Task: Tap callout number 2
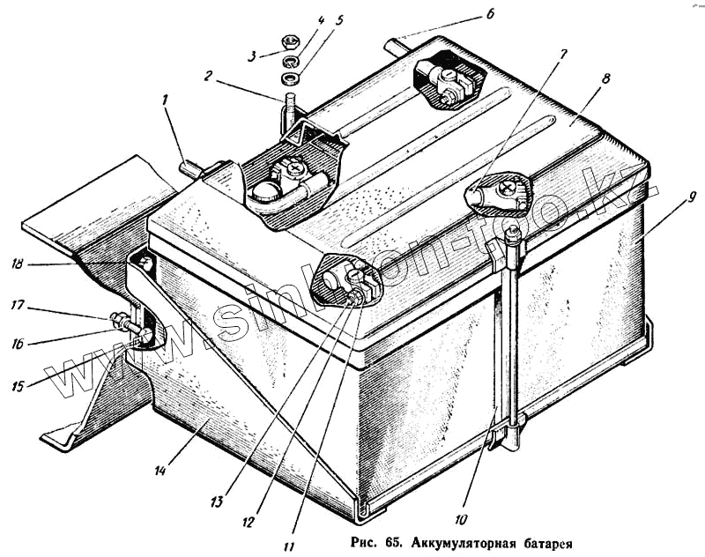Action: [208, 76]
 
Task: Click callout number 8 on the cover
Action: [605, 78]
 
